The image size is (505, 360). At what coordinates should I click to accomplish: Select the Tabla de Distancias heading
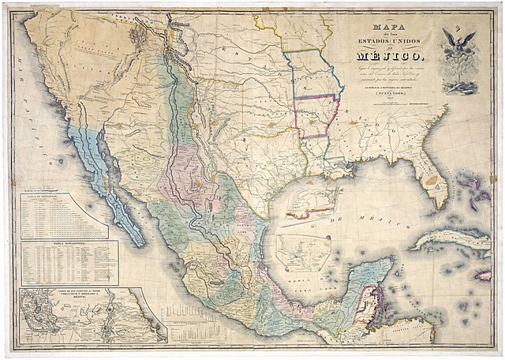tap(63, 197)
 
